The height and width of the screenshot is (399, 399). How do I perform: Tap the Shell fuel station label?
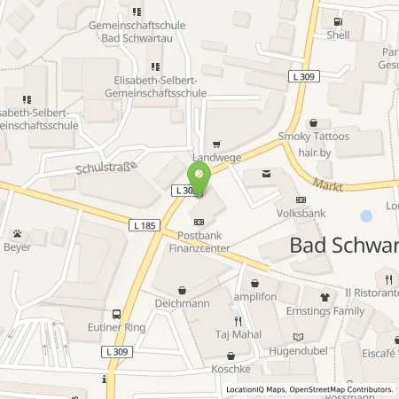coord(338,35)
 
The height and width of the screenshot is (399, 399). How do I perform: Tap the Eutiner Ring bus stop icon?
coord(116,314)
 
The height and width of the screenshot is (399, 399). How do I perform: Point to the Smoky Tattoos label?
coord(313,136)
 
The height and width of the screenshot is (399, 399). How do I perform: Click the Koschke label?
coord(231,368)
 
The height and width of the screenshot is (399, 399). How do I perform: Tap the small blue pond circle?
coord(366,215)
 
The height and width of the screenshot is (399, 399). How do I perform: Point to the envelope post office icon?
coord(266,176)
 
